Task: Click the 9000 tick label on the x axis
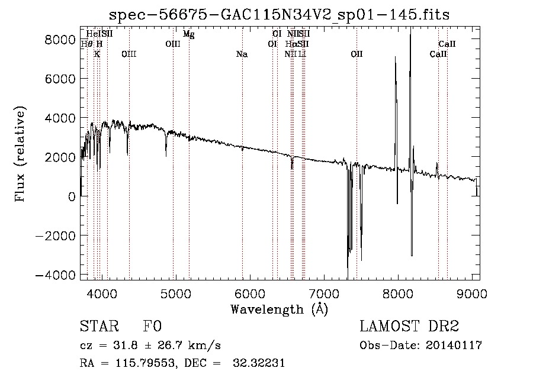[x=473, y=292]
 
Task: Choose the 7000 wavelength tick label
[x=324, y=292]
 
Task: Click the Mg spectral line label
[x=188, y=34]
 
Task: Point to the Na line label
[x=242, y=54]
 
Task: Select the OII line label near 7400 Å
[x=357, y=54]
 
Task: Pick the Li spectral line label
[x=302, y=54]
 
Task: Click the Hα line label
[x=290, y=44]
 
